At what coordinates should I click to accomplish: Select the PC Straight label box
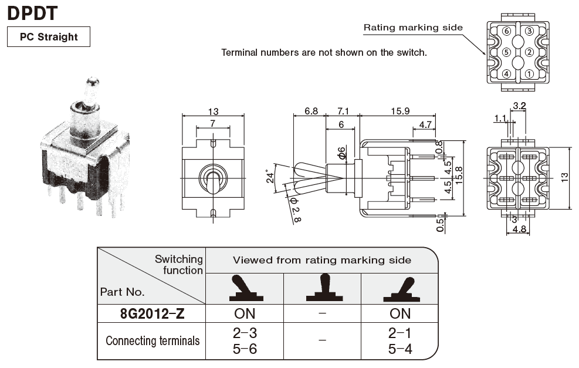pyautogui.click(x=49, y=37)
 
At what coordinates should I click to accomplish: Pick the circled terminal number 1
pyautogui.click(x=529, y=74)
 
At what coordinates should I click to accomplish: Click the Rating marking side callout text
pyautogui.click(x=413, y=27)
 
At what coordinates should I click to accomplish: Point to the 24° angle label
pyautogui.click(x=270, y=177)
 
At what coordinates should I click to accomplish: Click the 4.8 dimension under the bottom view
pyautogui.click(x=520, y=230)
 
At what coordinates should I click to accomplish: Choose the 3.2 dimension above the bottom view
pyautogui.click(x=519, y=106)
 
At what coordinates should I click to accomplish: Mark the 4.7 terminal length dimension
pyautogui.click(x=425, y=124)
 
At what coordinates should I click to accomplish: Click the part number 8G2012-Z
pyautogui.click(x=152, y=313)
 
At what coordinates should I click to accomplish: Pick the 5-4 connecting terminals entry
pyautogui.click(x=400, y=349)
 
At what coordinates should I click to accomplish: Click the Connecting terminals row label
pyautogui.click(x=153, y=341)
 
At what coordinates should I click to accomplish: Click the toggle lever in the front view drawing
pyautogui.click(x=213, y=179)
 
